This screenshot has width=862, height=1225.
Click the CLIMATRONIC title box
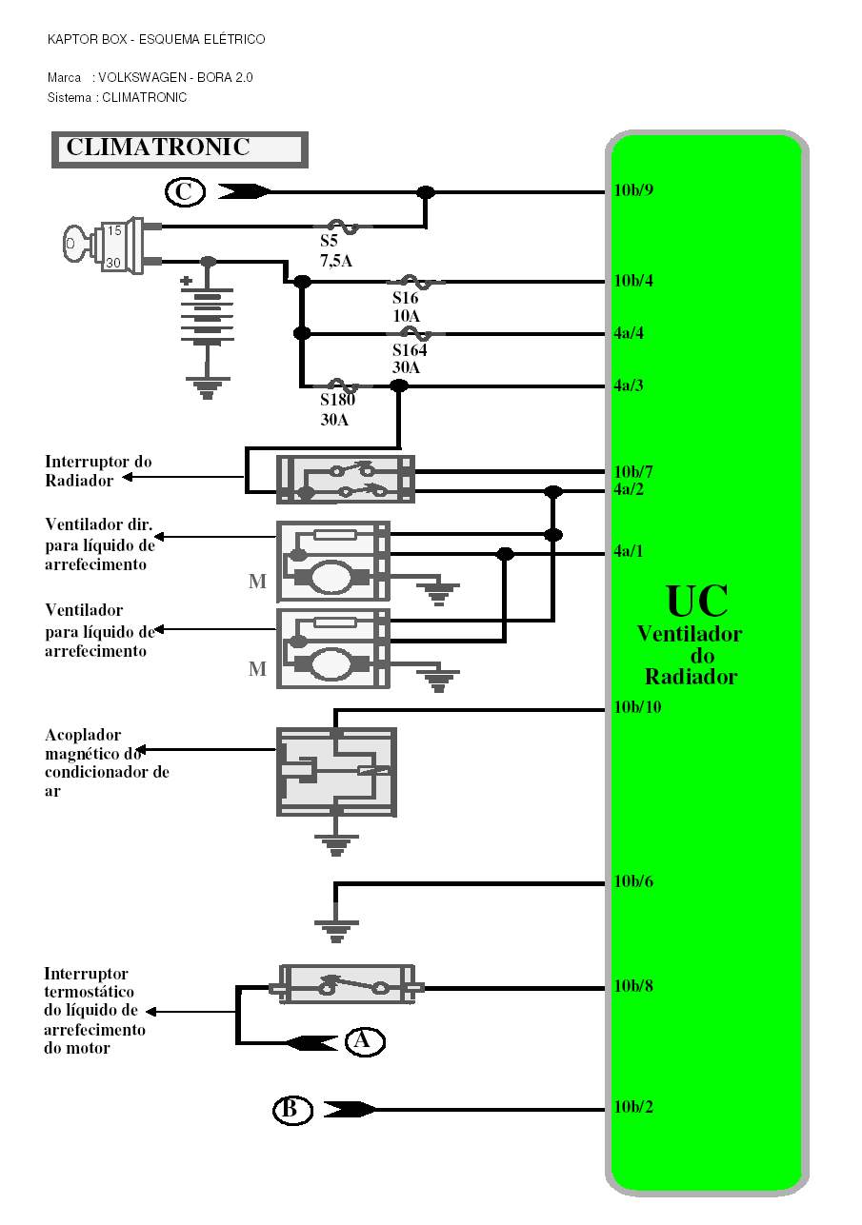click(178, 149)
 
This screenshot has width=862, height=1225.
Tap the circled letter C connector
click(184, 192)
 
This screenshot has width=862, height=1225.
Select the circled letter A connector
click(364, 1041)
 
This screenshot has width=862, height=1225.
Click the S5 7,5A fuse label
click(335, 251)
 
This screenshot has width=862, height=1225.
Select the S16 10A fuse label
click(406, 306)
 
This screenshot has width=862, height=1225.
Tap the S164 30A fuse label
click(410, 359)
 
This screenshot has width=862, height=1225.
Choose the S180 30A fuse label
click(338, 409)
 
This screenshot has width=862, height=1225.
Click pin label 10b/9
click(633, 190)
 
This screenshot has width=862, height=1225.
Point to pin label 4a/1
click(630, 551)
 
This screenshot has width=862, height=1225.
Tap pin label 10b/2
click(633, 1108)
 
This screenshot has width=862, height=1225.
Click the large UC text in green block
click(697, 602)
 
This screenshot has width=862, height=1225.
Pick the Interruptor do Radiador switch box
click(345, 480)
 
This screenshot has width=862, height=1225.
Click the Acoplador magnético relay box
click(336, 771)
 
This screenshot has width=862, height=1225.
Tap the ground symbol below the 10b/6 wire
click(336, 929)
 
